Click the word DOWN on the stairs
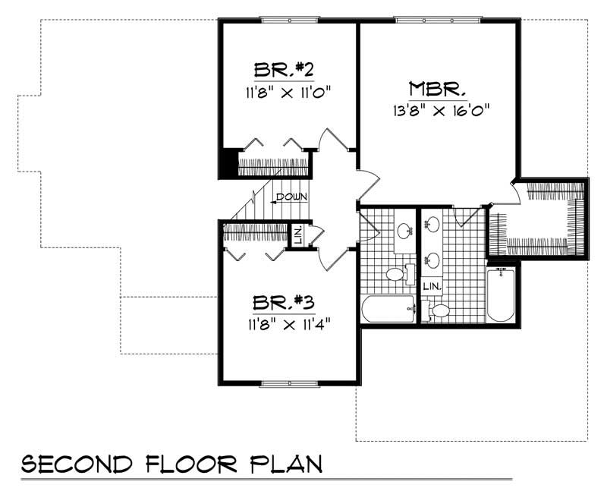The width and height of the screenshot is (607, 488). pyautogui.click(x=291, y=197)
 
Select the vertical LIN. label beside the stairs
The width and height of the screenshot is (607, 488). pyautogui.click(x=298, y=234)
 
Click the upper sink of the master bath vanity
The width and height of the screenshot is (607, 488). pyautogui.click(x=432, y=223)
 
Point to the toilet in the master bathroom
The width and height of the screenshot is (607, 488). pyautogui.click(x=439, y=310)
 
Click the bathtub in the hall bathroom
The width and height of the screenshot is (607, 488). pyautogui.click(x=388, y=310)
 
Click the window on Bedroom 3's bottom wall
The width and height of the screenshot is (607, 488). pyautogui.click(x=288, y=381)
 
